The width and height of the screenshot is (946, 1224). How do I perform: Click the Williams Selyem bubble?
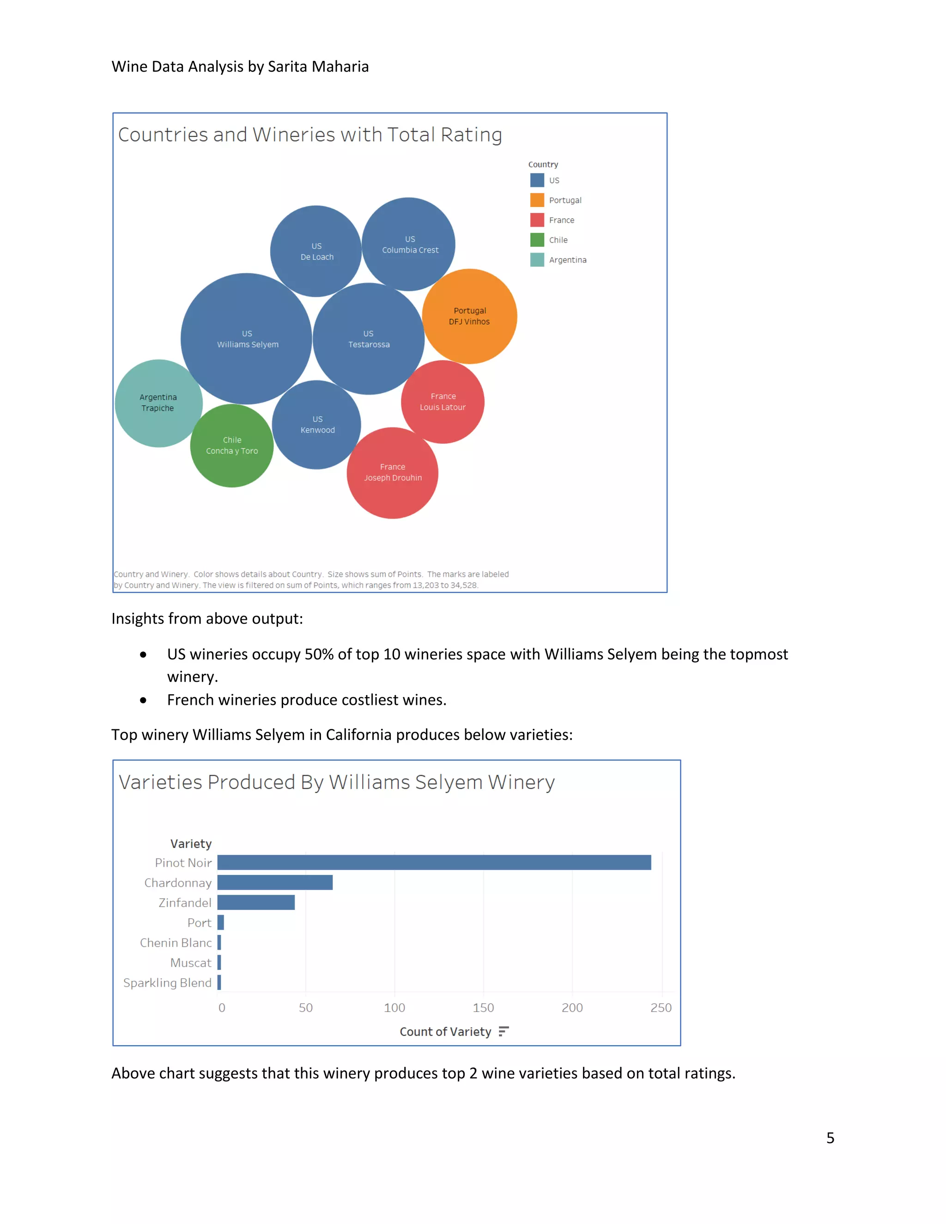click(x=246, y=339)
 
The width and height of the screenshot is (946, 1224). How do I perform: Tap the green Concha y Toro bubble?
click(x=232, y=446)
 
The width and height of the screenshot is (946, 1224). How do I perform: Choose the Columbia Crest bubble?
click(x=409, y=244)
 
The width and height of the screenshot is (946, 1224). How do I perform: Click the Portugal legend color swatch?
click(x=537, y=200)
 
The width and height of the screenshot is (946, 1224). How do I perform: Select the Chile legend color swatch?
click(x=537, y=240)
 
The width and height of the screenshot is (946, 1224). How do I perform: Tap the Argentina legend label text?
click(x=568, y=260)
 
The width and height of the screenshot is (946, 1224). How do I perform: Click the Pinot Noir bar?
click(x=434, y=862)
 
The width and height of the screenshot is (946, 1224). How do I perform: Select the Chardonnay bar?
click(x=275, y=883)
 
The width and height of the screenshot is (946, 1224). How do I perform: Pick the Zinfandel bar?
click(x=255, y=903)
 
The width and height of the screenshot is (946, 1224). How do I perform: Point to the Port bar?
click(x=221, y=922)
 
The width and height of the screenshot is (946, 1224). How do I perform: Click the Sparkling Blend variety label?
click(x=168, y=982)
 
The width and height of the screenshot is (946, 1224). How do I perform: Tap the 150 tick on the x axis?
click(x=483, y=1008)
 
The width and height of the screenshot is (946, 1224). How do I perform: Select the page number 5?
click(x=830, y=1138)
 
